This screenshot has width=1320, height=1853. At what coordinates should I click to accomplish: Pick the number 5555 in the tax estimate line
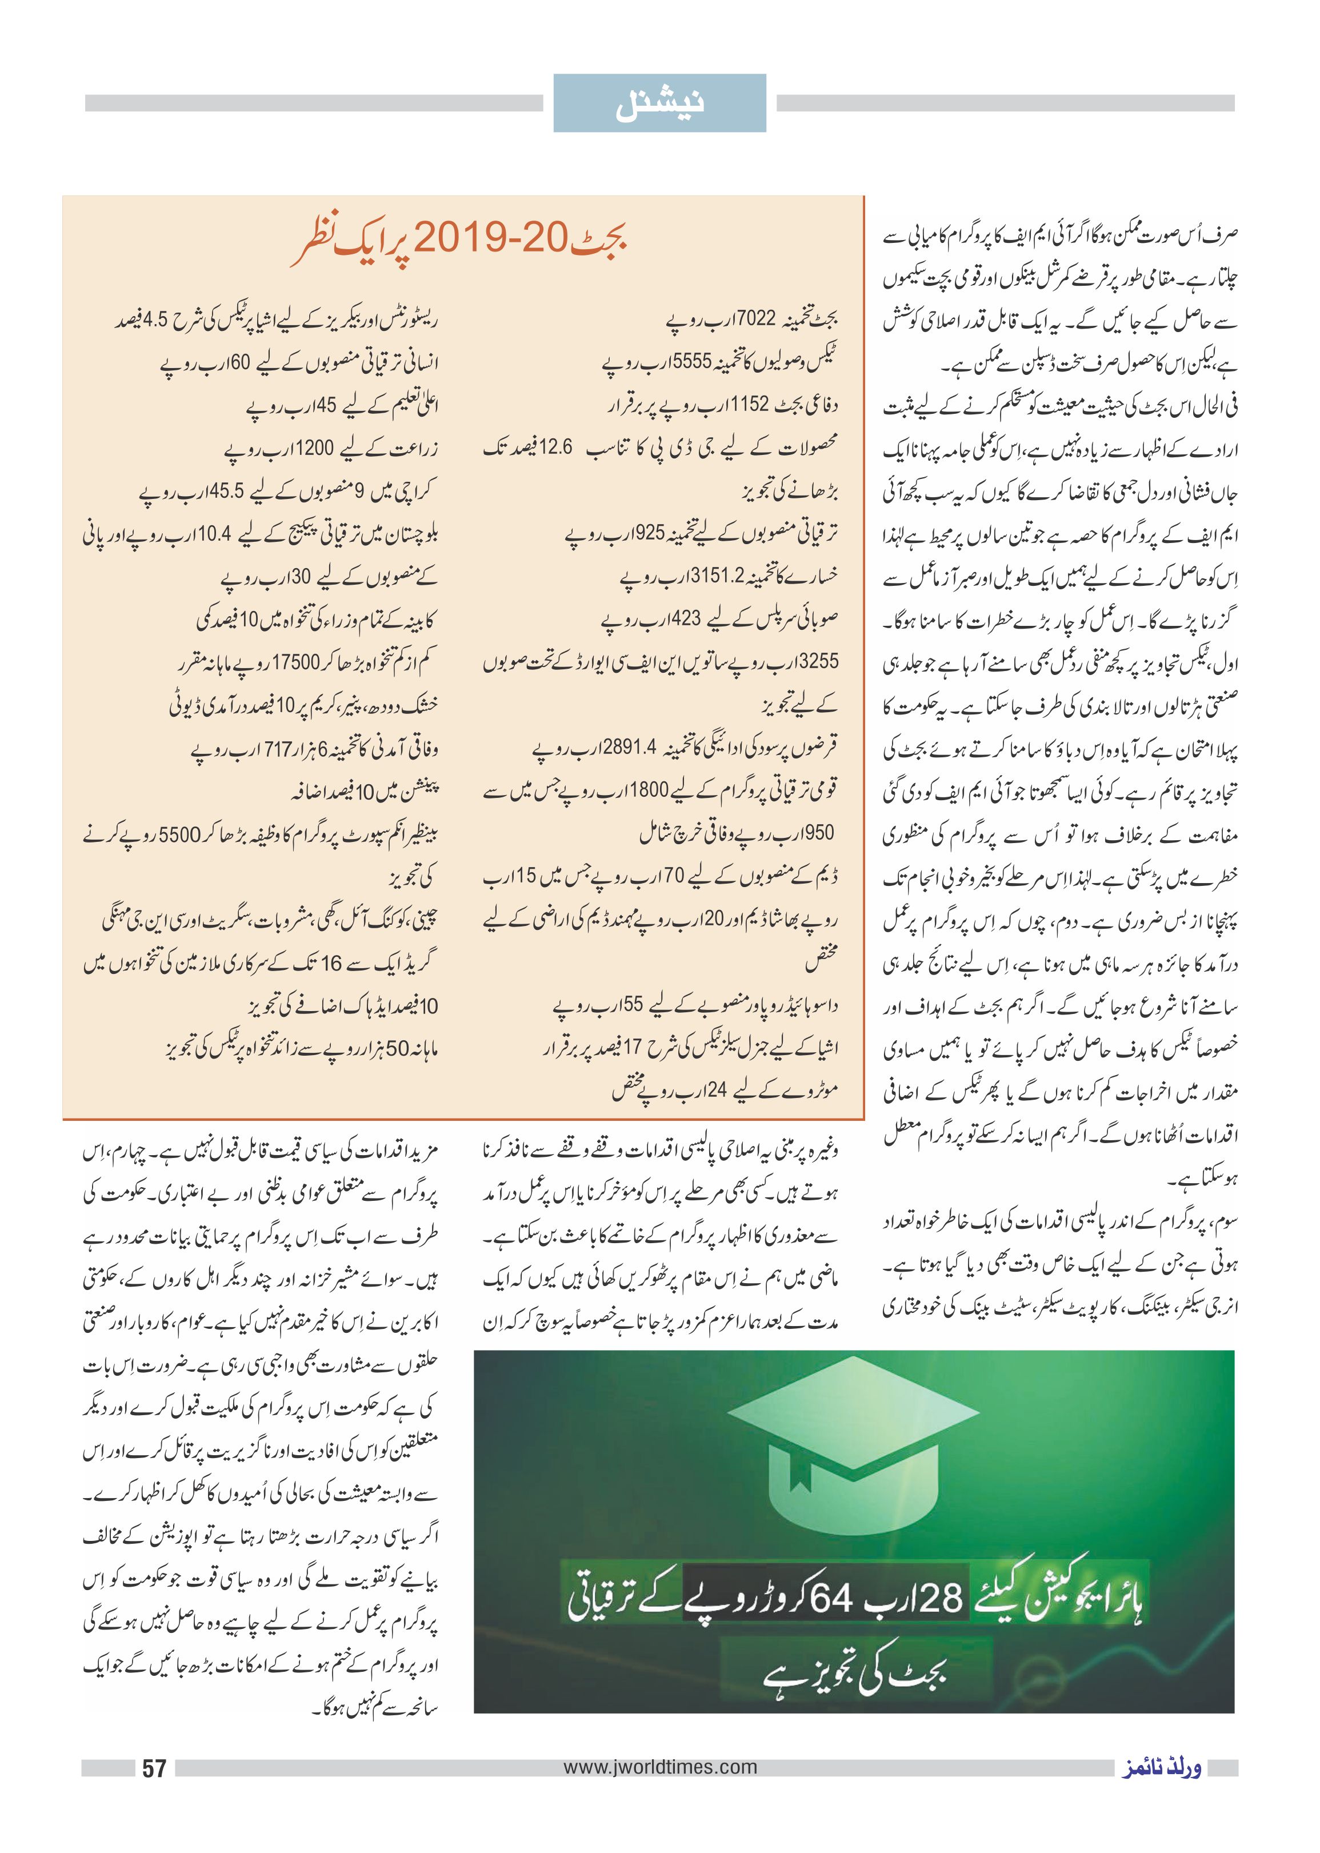point(691,361)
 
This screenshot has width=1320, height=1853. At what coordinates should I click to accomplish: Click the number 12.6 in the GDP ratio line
point(556,447)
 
